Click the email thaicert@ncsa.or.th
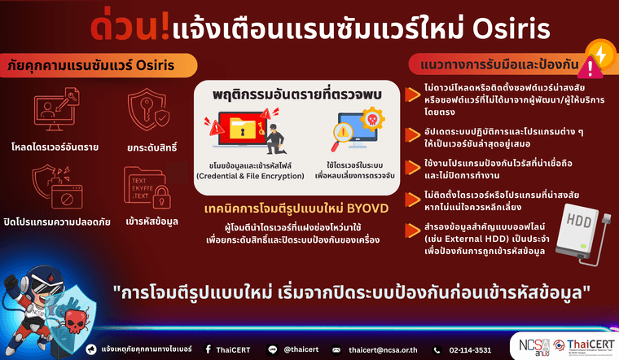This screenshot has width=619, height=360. (382, 349)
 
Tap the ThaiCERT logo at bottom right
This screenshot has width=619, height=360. (579, 346)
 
